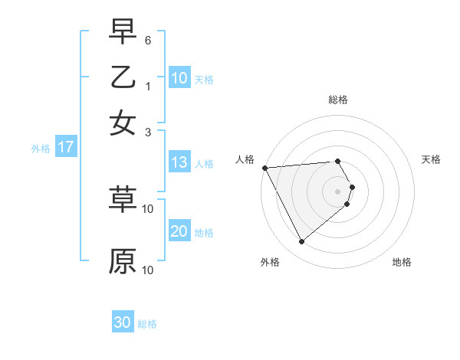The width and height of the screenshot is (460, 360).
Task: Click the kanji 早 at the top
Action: (123, 32)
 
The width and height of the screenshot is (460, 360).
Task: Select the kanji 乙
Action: (123, 77)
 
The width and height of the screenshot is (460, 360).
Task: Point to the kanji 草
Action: (123, 198)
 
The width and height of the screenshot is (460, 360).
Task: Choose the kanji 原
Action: (123, 260)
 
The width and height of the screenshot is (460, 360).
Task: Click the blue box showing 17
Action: (66, 147)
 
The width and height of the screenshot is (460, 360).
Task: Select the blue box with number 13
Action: (179, 162)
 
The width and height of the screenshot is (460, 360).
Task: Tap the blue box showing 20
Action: (179, 231)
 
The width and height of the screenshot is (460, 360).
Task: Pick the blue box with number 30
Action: (123, 322)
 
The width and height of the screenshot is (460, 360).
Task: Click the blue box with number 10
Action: (179, 77)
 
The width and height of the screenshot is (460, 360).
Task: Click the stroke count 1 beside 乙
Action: (148, 87)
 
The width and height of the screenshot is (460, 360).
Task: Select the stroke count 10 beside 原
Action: (148, 270)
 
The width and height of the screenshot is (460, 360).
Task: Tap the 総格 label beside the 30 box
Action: (147, 324)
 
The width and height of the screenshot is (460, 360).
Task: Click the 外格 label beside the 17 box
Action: (41, 149)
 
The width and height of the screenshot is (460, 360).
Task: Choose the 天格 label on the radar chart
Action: (431, 159)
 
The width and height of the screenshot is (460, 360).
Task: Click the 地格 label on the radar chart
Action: (402, 262)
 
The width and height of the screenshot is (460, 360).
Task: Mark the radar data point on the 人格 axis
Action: (264, 168)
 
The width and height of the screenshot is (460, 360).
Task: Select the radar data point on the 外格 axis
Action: (301, 242)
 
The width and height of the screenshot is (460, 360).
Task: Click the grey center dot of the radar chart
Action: (337, 191)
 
